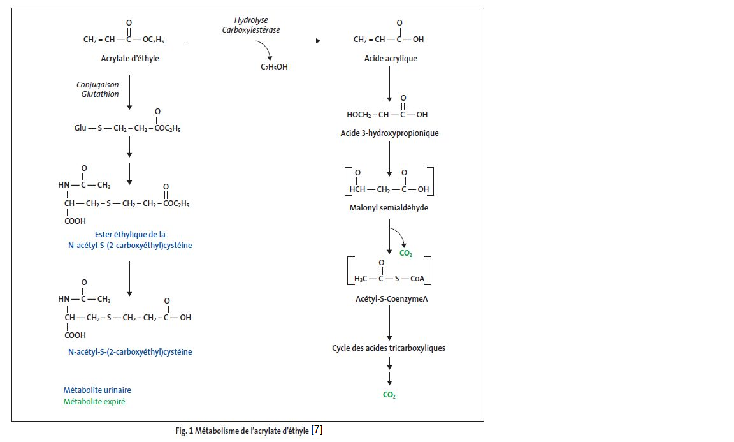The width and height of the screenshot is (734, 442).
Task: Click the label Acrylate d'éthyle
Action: tap(130, 59)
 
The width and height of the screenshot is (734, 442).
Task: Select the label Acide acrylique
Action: tap(390, 59)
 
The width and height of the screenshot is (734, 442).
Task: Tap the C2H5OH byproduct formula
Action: tap(274, 67)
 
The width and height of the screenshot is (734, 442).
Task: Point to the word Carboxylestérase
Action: tap(251, 29)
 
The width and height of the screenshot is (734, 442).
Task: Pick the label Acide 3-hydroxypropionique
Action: tap(389, 133)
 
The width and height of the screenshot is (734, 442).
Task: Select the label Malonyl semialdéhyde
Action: tap(389, 208)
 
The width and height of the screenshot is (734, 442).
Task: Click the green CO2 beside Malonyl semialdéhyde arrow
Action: tap(405, 253)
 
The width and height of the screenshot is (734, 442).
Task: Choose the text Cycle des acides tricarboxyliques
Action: tap(389, 348)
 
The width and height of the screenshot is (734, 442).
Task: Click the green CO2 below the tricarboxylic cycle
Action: tap(389, 395)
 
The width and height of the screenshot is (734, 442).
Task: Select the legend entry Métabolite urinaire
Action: tap(97, 390)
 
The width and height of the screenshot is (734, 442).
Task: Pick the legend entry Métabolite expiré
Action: tap(94, 402)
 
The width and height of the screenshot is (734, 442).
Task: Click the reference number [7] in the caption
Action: tap(317, 431)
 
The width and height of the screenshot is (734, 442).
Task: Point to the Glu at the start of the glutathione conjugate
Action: tap(80, 128)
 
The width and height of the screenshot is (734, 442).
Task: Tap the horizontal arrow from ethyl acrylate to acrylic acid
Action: tap(252, 40)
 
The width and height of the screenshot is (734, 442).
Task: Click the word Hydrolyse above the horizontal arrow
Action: tap(251, 20)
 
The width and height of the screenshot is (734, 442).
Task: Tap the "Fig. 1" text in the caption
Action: tap(185, 431)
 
